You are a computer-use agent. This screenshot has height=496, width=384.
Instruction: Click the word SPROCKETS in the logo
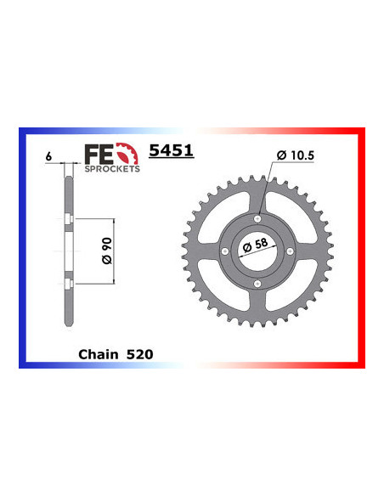point(112,168)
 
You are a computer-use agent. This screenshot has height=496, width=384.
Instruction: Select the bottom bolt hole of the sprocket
point(256,282)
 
